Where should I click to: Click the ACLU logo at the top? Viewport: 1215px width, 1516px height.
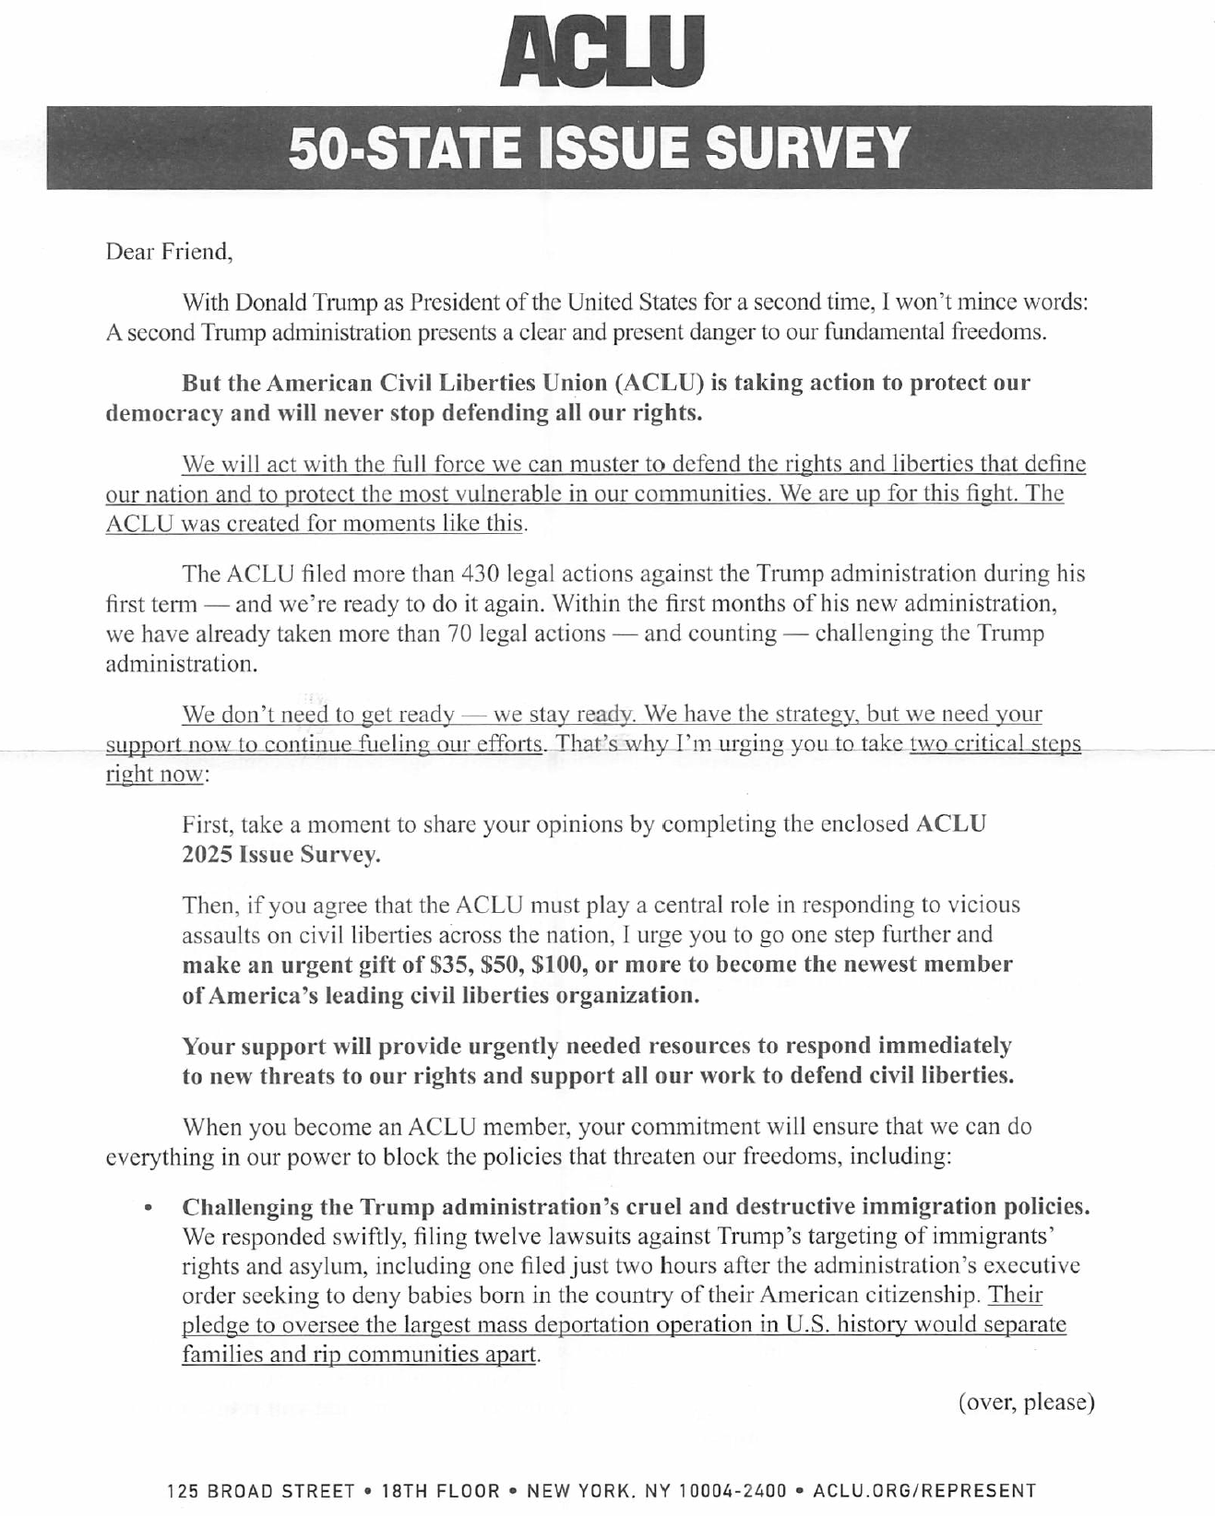pyautogui.click(x=601, y=53)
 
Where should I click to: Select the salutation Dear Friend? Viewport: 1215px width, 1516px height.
pyautogui.click(x=169, y=252)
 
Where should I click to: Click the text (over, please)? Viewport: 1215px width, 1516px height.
pyautogui.click(x=1026, y=1403)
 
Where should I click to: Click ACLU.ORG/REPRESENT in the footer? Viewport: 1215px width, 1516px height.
pyautogui.click(x=923, y=1491)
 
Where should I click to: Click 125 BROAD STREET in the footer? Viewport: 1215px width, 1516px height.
pyautogui.click(x=261, y=1491)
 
